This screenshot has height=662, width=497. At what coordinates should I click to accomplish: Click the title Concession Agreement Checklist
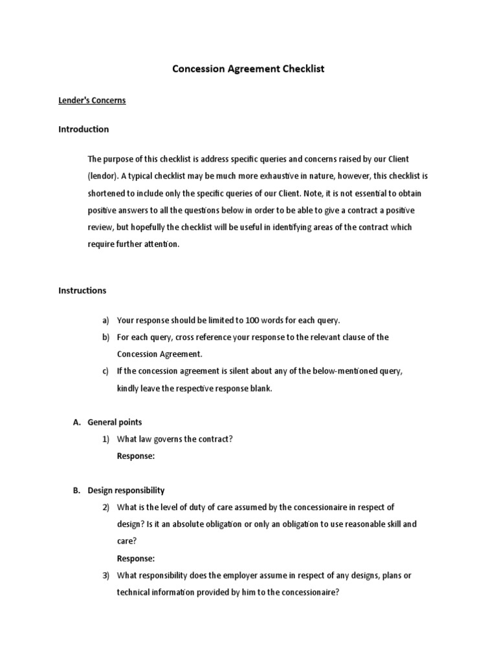(248, 68)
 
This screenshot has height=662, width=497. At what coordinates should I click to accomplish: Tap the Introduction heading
(83, 129)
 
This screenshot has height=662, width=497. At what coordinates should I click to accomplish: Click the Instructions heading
(82, 290)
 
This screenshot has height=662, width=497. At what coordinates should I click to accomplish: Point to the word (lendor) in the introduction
(104, 176)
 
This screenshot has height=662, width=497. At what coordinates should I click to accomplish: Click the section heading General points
(115, 422)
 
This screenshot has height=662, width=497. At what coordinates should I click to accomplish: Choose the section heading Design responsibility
(126, 490)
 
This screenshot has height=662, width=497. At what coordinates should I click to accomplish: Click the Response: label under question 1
(136, 456)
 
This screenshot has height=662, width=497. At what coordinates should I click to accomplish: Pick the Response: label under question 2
(136, 558)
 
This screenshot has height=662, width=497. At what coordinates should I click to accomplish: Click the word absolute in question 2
(192, 524)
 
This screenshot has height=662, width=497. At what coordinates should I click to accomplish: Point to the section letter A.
(76, 422)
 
